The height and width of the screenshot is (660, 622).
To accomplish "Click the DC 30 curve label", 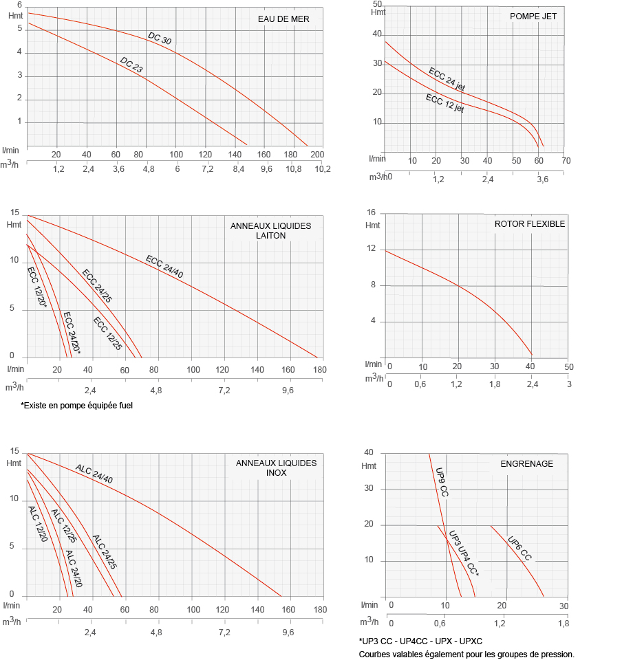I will click(160, 39).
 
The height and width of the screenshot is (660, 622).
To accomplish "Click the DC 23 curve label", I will click(131, 65).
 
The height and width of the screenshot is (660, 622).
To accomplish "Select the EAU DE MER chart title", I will click(284, 19).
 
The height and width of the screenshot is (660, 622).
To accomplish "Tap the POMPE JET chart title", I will click(533, 16).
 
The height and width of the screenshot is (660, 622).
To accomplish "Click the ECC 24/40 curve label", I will click(164, 267).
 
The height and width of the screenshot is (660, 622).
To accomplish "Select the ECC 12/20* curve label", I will click(36, 287).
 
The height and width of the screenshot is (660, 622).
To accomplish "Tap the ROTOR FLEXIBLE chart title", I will click(530, 224).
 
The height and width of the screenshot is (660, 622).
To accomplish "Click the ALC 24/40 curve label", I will click(94, 474).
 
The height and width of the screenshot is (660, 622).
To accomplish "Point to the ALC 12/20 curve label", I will click(38, 522).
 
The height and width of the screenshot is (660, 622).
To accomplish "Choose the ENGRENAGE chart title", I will click(526, 464).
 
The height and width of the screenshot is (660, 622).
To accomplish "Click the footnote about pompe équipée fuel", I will click(76, 406).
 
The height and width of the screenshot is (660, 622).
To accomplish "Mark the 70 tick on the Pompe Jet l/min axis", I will click(566, 160).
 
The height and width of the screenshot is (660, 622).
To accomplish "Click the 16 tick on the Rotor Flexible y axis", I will click(372, 212).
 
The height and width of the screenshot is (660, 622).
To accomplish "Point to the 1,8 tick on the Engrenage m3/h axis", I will click(563, 624).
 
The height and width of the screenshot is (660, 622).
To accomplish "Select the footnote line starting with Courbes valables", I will click(466, 654).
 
